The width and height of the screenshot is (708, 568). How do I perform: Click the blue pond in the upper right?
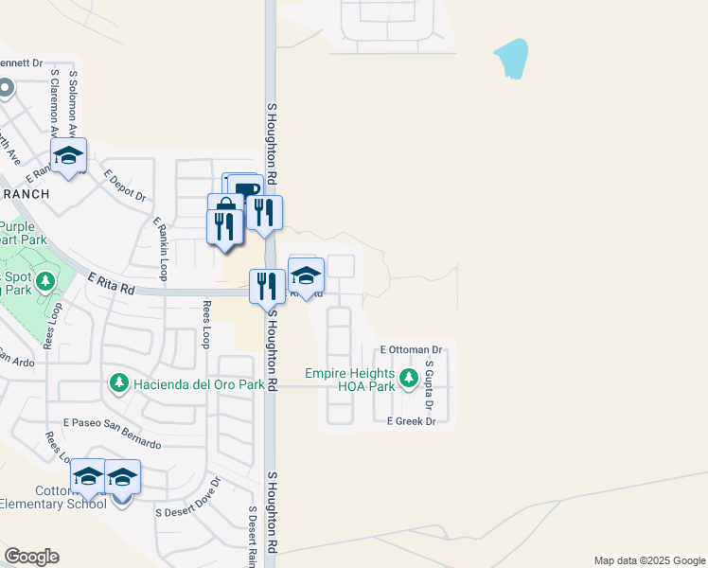click(x=512, y=58)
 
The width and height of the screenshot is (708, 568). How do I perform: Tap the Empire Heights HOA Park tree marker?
click(x=409, y=380)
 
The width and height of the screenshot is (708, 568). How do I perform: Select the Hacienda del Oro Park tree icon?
click(x=118, y=383)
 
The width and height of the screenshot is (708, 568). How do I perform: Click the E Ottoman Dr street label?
click(x=412, y=349)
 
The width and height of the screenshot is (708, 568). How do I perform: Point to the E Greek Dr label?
click(x=410, y=422)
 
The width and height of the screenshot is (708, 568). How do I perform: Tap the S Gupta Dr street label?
click(x=429, y=385)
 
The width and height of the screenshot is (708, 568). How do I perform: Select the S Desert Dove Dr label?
click(x=186, y=497)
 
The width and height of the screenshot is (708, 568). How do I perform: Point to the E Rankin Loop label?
click(x=160, y=248)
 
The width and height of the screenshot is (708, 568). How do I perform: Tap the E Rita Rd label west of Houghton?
click(x=112, y=283)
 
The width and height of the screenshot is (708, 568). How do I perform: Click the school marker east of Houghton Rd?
click(x=306, y=275)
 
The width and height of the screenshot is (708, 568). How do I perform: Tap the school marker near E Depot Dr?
click(x=68, y=156)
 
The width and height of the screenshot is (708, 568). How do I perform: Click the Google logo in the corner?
click(x=31, y=556)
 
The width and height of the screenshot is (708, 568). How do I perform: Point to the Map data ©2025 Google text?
click(x=649, y=560)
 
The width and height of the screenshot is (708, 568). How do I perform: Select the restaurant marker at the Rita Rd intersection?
click(x=267, y=285)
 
